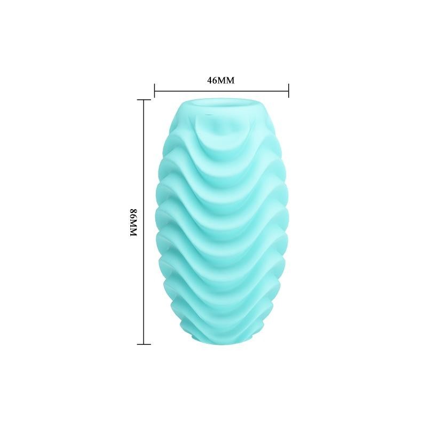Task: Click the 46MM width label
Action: (220, 81)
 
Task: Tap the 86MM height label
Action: (133, 222)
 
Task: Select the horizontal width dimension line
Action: (222, 90)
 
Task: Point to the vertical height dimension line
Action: (144, 222)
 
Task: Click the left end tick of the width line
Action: (154, 90)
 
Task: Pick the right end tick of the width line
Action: (289, 90)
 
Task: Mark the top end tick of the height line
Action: (144, 100)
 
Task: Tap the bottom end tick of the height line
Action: (144, 344)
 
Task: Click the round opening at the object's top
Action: (221, 104)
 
